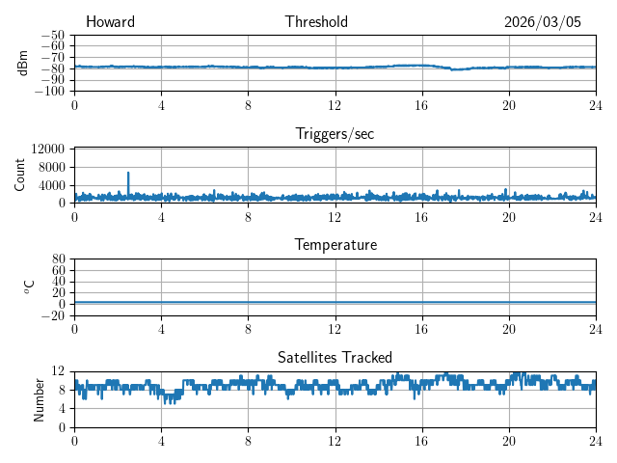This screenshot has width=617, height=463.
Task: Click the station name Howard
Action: (110, 22)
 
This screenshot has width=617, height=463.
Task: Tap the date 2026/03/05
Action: (543, 22)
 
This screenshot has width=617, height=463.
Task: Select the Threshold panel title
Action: (316, 22)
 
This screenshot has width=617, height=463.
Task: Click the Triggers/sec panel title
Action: (335, 134)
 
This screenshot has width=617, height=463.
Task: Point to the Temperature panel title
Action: (335, 245)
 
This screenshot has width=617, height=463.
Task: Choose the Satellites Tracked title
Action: (335, 357)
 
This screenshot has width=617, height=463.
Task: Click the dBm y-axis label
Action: (23, 63)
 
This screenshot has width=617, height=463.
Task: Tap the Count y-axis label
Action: (19, 175)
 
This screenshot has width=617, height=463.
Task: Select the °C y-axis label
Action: (29, 286)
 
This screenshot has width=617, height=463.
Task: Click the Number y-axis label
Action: (40, 398)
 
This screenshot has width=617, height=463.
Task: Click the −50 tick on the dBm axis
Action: (52, 35)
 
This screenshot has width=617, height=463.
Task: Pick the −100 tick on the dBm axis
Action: (49, 92)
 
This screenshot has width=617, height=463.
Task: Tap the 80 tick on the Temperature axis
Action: (58, 259)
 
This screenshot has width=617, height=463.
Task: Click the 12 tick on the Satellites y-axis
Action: (58, 371)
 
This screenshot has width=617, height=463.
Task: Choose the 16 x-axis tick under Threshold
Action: (421, 105)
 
